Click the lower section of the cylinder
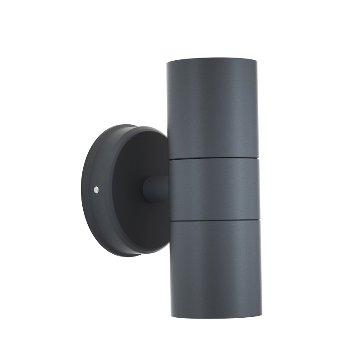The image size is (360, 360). point(215,265)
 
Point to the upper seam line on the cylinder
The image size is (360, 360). point(213,158)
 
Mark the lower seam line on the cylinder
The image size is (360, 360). point(214,220)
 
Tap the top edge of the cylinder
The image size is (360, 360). point(212,59)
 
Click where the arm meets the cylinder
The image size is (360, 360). point(168,188)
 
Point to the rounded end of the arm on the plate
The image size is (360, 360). point(146,189)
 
